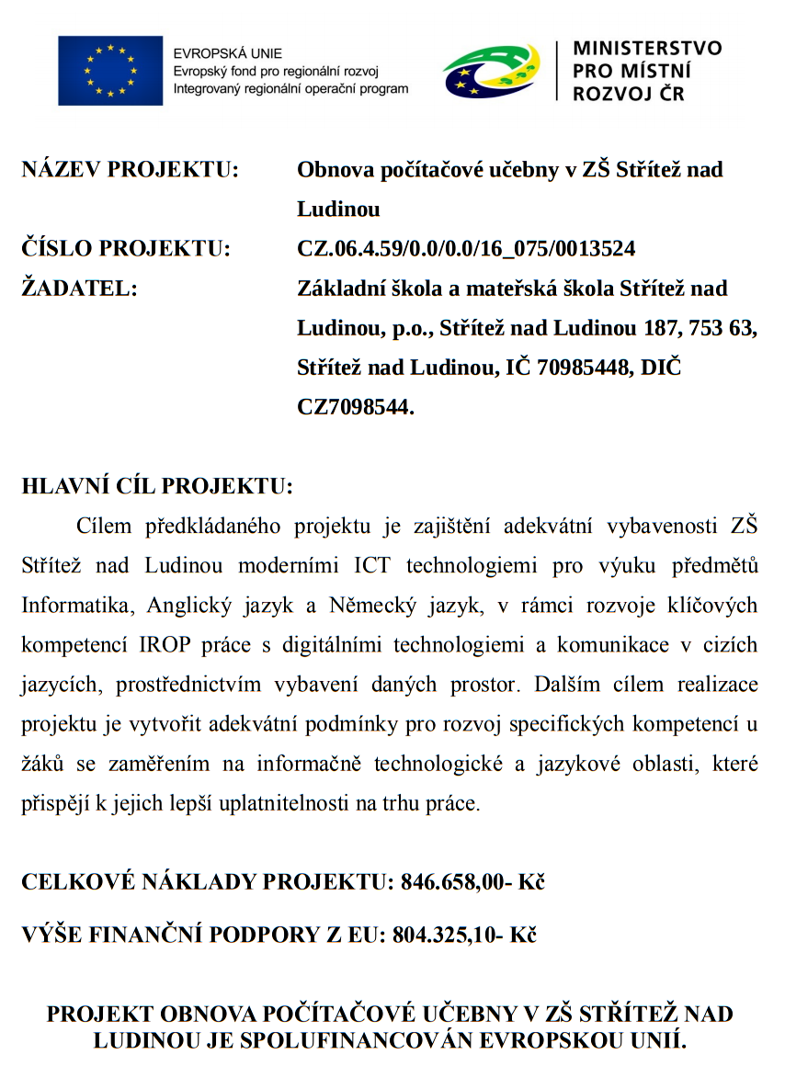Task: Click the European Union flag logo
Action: coord(110,71)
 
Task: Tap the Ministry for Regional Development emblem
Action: coord(491,71)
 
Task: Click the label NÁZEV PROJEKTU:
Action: coord(130,170)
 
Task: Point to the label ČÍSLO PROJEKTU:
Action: coord(126,248)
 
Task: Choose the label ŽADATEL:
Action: coord(80,289)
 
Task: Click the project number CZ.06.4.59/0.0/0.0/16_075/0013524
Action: coord(466,248)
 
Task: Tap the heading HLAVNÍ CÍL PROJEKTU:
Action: coord(157,487)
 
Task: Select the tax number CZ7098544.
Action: coord(356,407)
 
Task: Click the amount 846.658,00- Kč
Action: coord(472,882)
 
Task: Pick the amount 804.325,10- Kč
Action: coord(464,935)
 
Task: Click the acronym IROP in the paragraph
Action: coord(167,644)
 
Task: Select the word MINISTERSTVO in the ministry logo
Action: coord(647,49)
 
